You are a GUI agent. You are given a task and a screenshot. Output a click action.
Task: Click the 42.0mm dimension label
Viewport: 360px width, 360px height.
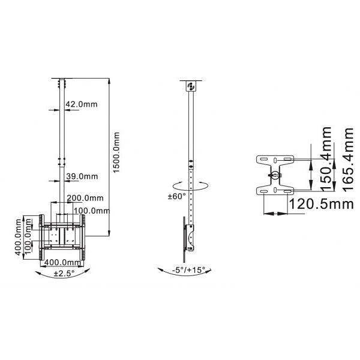(82, 104)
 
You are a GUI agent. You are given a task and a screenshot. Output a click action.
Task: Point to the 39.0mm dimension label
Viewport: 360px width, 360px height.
(82, 176)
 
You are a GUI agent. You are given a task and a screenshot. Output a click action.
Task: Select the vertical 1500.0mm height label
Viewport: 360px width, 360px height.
(118, 154)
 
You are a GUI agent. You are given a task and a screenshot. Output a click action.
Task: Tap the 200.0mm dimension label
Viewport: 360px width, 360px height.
(85, 198)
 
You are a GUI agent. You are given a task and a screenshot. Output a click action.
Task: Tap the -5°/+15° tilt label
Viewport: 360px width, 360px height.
(188, 270)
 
